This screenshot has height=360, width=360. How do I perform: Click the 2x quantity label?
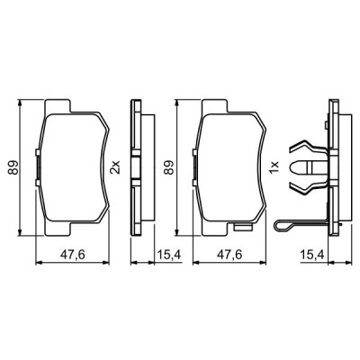[114, 167]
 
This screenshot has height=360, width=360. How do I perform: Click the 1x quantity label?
[274, 167]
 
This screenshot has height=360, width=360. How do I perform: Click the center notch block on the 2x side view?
[134, 167]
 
